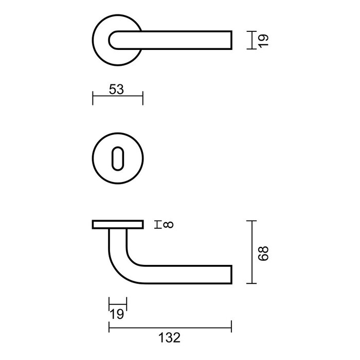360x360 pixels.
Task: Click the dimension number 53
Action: click(117, 89)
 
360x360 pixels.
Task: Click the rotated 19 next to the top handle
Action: click(263, 40)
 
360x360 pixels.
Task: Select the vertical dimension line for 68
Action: click(251, 252)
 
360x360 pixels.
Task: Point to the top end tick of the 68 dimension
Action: click(251, 221)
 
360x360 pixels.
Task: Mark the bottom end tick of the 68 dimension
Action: click(251, 283)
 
